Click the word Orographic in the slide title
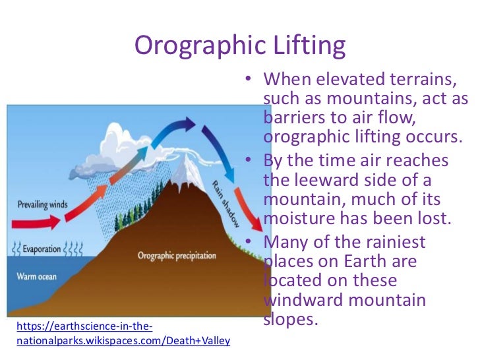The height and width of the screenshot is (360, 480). (x=193, y=45)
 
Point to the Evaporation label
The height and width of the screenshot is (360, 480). (x=42, y=250)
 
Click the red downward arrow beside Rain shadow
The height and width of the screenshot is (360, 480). (x=247, y=210)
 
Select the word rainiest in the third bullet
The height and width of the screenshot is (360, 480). (x=394, y=243)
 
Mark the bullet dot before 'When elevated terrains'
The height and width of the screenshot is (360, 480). (x=246, y=80)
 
